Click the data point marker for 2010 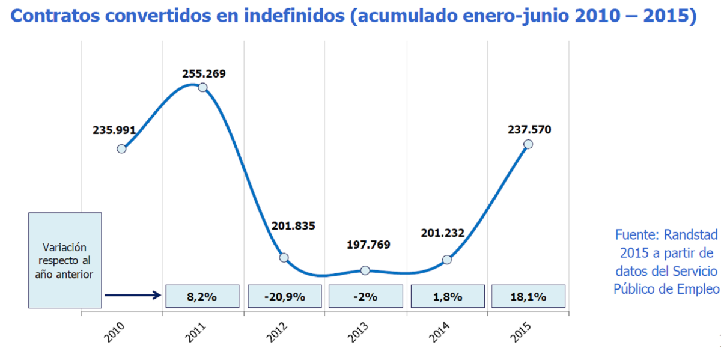121,148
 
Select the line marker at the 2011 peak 202,87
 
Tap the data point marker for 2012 284,258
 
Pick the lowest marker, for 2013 365,270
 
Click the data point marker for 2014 446,260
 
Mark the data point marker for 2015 528,144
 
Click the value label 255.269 204,74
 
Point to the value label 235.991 114,129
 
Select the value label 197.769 368,245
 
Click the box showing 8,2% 202,296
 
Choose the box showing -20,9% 284,296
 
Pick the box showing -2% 365,296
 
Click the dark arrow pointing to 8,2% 132,295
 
